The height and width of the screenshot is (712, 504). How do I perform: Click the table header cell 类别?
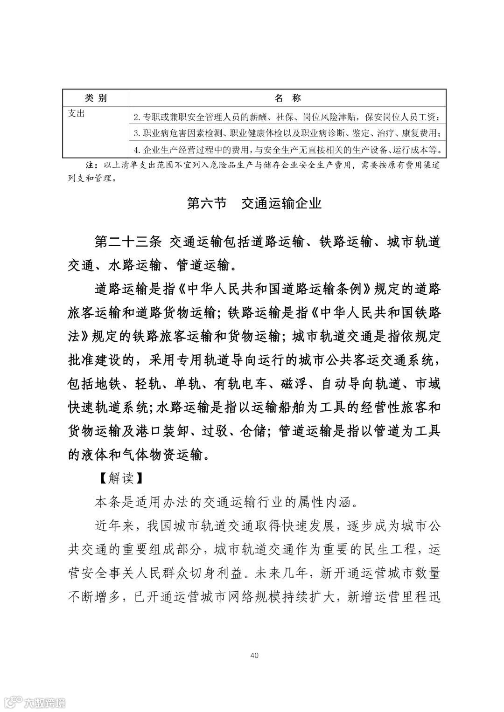click(x=96, y=98)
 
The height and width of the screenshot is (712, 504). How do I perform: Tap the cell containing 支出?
click(x=77, y=113)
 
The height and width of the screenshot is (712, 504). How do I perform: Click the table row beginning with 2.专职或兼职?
click(x=287, y=116)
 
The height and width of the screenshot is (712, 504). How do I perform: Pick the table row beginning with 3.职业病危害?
click(x=287, y=133)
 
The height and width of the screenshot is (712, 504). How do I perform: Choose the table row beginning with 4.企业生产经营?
click(x=287, y=150)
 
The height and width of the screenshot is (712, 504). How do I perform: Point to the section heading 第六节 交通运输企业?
click(x=254, y=203)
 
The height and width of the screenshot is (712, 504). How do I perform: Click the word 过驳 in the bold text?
click(x=218, y=431)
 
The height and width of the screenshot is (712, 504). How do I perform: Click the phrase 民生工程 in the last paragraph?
click(x=390, y=549)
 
